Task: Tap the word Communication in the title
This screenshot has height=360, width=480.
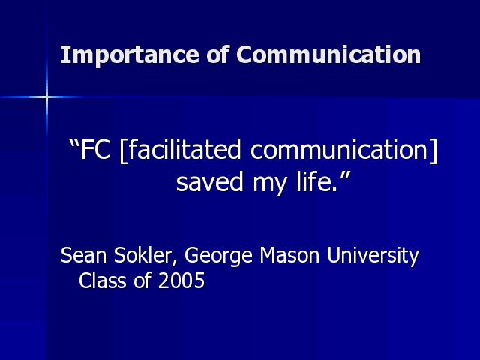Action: pos(328,55)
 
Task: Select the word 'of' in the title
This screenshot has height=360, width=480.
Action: pos(217,54)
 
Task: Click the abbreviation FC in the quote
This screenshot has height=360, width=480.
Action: pos(95,150)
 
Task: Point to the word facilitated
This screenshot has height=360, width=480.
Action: pos(184,149)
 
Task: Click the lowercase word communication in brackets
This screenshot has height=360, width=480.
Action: pos(339,149)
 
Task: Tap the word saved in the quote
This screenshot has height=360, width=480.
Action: pos(210,181)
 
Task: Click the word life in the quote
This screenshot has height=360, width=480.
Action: pos(315,181)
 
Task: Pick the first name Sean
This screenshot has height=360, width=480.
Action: pos(83,255)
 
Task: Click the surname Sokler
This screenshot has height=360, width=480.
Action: pos(143,255)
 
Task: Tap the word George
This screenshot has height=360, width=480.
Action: pos(218,256)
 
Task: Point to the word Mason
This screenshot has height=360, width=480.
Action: pos(289,255)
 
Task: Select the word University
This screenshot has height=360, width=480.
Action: pos(373,256)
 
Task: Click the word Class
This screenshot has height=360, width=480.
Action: pos(102,280)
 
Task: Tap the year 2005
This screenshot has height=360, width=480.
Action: pos(181,280)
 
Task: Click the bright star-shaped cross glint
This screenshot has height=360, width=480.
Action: pos(46,97)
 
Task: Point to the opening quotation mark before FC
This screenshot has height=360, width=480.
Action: pos(73,143)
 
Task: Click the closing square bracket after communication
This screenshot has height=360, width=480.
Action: pos(434,151)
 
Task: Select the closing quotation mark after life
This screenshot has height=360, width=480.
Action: pos(345,175)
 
